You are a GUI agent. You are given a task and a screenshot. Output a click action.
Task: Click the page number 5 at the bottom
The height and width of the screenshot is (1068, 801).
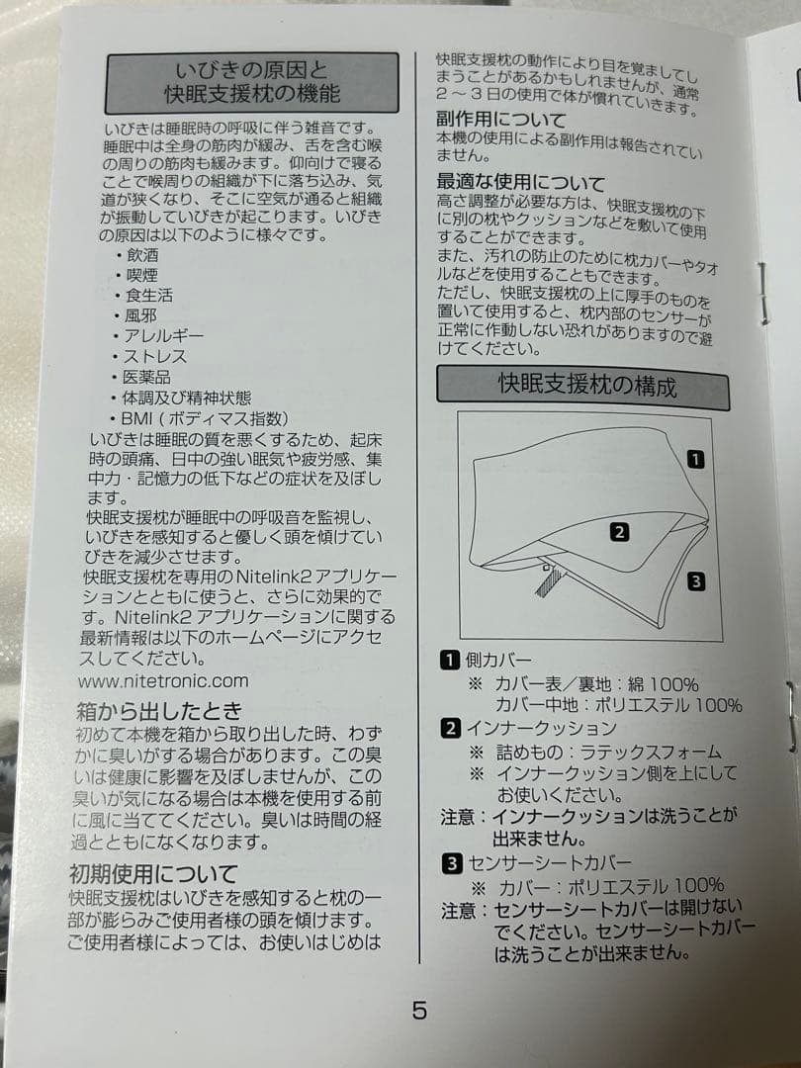[419, 1011]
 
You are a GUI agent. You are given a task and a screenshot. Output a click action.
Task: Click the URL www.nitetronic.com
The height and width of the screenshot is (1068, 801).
[163, 680]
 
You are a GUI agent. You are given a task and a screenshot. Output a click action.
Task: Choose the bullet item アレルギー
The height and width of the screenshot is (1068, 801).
[162, 335]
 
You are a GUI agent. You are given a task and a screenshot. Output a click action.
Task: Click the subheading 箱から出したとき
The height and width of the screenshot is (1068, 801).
[158, 711]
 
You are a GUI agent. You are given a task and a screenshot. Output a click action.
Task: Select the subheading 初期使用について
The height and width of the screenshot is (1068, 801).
[153, 873]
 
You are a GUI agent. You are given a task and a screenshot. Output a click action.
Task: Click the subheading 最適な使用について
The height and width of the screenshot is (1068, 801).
[520, 183]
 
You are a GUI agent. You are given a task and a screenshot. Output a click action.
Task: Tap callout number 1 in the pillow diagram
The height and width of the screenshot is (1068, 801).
[696, 459]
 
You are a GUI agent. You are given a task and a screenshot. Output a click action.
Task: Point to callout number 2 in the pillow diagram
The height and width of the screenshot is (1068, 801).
[619, 532]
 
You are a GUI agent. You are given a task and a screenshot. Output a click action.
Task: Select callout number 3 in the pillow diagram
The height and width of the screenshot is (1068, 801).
[696, 581]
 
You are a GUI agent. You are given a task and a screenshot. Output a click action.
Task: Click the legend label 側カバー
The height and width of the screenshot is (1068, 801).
[498, 660]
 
